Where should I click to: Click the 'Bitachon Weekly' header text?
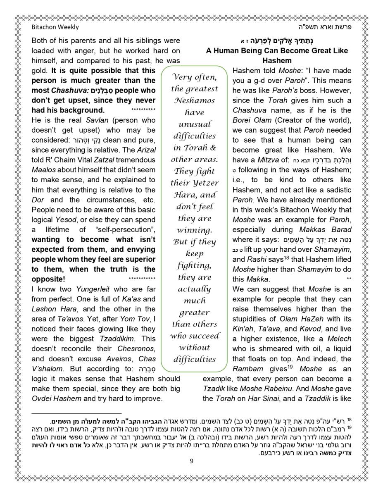(x=55, y=27)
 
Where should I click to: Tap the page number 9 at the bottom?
(x=191, y=462)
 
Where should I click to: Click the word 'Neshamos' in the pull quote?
(x=194, y=100)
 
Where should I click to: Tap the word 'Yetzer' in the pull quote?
(x=205, y=183)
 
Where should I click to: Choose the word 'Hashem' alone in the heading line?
(x=277, y=61)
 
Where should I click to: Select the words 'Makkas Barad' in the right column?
(x=331, y=229)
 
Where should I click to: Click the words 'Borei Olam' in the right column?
(x=252, y=120)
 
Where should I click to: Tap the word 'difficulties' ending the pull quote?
(x=194, y=359)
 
